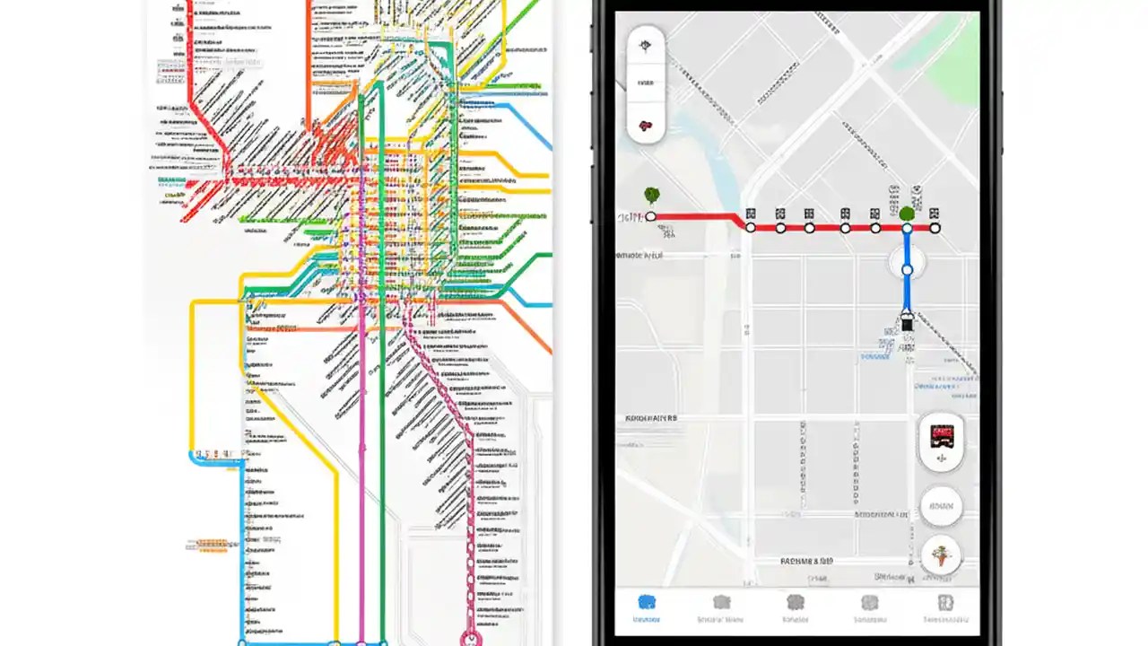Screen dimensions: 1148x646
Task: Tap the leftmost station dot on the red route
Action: point(651,216)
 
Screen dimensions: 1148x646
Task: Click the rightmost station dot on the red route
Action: point(935,228)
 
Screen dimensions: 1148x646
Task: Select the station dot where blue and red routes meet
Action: point(907,228)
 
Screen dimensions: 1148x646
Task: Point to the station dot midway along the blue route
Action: point(907,269)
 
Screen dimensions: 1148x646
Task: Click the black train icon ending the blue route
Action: point(907,324)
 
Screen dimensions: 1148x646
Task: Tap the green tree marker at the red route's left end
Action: point(651,194)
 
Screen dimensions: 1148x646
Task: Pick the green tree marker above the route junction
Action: point(907,214)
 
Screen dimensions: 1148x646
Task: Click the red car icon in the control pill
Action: point(646,126)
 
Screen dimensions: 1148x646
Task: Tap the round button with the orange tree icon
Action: point(940,556)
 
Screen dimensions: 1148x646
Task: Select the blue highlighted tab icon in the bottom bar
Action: point(646,603)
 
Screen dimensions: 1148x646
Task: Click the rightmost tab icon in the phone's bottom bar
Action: point(944,603)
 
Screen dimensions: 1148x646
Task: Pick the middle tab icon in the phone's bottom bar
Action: point(796,603)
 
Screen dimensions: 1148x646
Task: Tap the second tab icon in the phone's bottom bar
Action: point(721,603)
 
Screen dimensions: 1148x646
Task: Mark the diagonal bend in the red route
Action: point(741,221)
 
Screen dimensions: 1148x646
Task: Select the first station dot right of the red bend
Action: point(752,228)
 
